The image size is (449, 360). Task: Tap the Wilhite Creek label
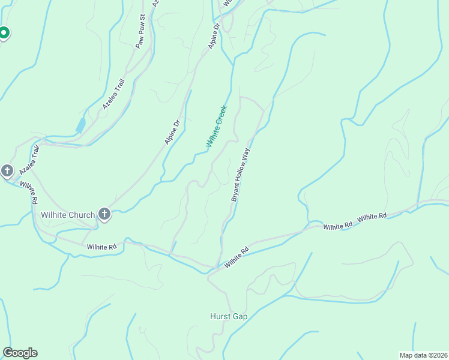(217, 126)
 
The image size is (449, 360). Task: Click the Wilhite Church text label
(68, 215)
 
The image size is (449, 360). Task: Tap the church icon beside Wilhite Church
(104, 214)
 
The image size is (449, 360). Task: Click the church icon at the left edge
(7, 172)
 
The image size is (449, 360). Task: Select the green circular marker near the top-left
(4, 33)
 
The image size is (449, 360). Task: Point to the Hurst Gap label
(229, 316)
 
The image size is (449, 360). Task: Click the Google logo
(20, 353)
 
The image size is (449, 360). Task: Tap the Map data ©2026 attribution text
(423, 355)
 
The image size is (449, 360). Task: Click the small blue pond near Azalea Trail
(80, 125)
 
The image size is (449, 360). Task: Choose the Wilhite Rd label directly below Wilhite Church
(101, 247)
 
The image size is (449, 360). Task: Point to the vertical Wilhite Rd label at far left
(28, 191)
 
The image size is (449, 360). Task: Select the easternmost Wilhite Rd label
(372, 217)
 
